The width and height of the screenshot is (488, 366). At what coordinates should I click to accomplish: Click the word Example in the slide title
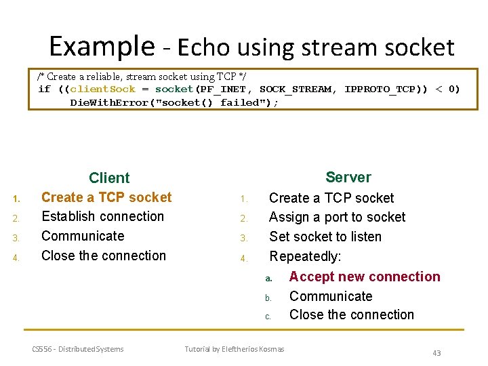pyautogui.click(x=102, y=46)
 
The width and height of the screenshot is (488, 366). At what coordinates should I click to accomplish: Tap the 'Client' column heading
pyautogui.click(x=109, y=178)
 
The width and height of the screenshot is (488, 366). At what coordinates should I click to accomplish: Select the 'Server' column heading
pyautogui.click(x=348, y=178)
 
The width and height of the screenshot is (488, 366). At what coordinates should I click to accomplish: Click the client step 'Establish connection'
pyautogui.click(x=102, y=217)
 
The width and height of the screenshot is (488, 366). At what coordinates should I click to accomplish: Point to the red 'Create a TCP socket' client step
pyautogui.click(x=106, y=197)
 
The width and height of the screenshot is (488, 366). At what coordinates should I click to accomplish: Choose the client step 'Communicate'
pyautogui.click(x=83, y=237)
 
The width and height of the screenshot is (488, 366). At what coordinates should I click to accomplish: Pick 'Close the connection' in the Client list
pyautogui.click(x=103, y=256)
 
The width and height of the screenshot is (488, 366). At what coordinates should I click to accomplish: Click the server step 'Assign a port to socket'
pyautogui.click(x=337, y=218)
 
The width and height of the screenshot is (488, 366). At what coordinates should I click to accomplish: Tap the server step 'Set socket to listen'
pyautogui.click(x=325, y=237)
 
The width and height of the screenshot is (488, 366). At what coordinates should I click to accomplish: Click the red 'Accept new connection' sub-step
pyautogui.click(x=365, y=277)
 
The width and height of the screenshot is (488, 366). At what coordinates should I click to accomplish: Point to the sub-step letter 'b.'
pyautogui.click(x=268, y=298)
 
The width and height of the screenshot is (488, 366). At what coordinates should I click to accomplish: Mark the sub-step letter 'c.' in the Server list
pyautogui.click(x=268, y=317)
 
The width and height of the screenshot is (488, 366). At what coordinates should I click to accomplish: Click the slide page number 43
pyautogui.click(x=436, y=353)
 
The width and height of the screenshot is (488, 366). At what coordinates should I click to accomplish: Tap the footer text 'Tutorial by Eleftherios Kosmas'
pyautogui.click(x=235, y=349)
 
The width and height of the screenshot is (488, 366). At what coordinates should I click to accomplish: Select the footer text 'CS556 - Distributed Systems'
pyautogui.click(x=78, y=349)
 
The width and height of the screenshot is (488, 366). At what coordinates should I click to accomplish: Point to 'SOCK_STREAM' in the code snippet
pyautogui.click(x=296, y=89)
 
